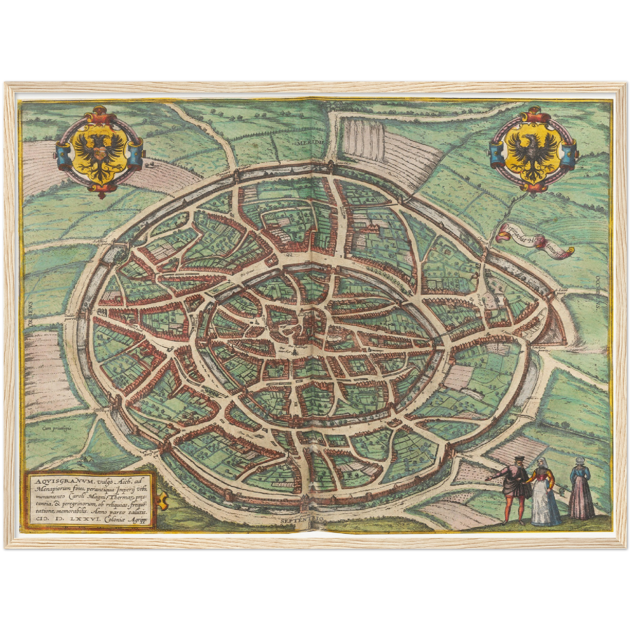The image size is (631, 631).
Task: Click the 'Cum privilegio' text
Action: (x=57, y=428)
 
